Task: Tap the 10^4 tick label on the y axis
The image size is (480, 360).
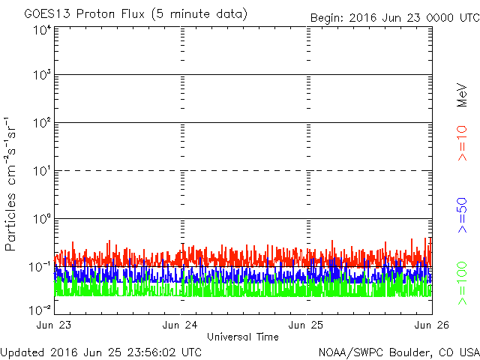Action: click(x=41, y=30)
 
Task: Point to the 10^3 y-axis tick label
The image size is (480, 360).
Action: click(x=41, y=76)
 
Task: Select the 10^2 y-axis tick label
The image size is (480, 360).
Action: click(x=41, y=124)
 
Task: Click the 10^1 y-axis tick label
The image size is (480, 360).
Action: click(x=41, y=172)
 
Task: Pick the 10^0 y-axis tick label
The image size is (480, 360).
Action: click(x=41, y=220)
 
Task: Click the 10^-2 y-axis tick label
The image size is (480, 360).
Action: click(x=40, y=308)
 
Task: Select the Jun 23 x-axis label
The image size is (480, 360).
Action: click(x=55, y=325)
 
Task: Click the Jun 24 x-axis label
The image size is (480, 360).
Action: click(x=181, y=325)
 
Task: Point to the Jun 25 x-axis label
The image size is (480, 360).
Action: click(x=307, y=325)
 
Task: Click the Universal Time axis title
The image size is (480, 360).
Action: click(x=242, y=337)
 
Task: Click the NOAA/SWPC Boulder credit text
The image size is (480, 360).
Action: click(x=398, y=352)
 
